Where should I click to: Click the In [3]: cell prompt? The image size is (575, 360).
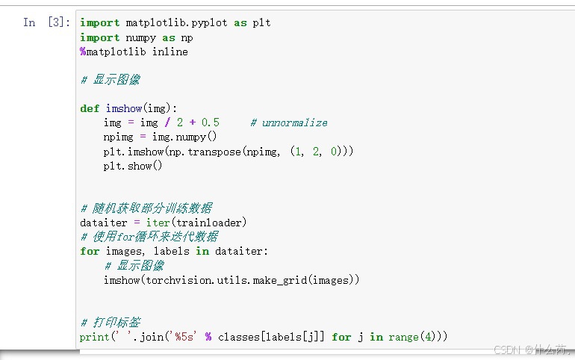click(47, 22)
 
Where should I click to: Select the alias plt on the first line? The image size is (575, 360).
click(261, 22)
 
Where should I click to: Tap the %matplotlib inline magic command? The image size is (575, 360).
click(134, 52)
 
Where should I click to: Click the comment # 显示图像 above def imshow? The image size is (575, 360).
click(110, 79)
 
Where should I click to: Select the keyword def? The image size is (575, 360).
click(89, 108)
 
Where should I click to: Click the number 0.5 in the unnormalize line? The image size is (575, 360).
click(211, 122)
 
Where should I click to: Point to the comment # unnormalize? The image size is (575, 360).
click(289, 122)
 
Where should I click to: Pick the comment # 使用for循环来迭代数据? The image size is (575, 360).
click(149, 237)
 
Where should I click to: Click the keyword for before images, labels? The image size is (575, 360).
click(89, 251)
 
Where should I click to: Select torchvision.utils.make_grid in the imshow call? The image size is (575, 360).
click(226, 279)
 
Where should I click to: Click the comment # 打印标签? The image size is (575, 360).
click(110, 323)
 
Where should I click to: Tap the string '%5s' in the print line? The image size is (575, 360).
click(186, 337)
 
